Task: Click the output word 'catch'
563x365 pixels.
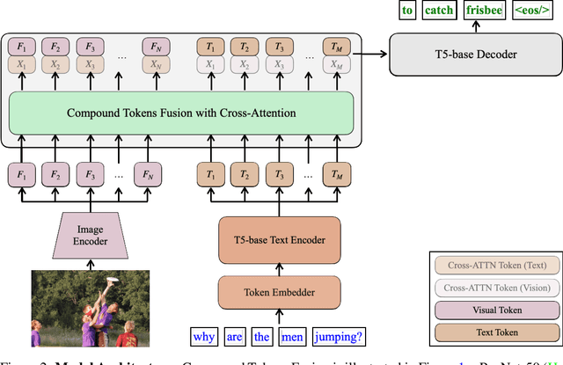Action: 438,11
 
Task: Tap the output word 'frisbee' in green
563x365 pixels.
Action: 484,11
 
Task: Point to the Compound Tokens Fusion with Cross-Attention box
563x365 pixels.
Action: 181,113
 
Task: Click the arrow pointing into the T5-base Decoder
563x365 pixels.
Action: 377,55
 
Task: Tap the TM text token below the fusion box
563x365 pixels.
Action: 335,174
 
